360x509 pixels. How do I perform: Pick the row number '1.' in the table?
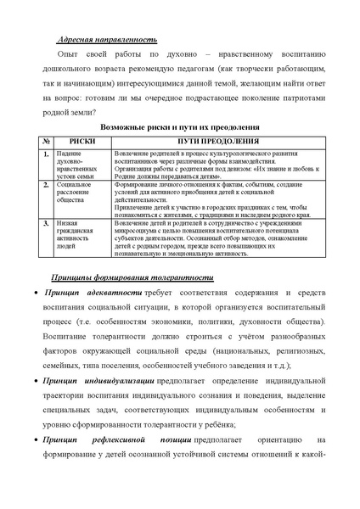(48, 153)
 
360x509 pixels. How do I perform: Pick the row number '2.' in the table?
(48, 184)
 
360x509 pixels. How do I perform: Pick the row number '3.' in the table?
(48, 222)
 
